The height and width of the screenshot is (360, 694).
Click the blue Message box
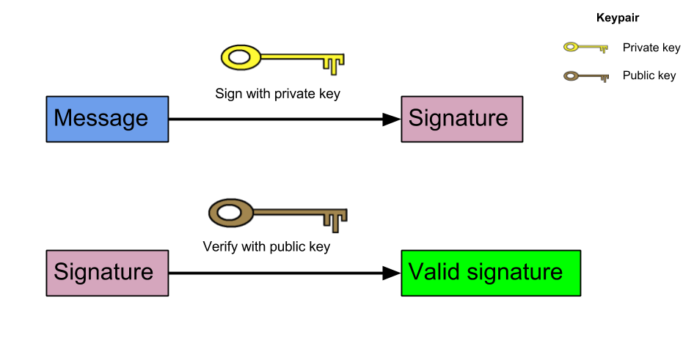107,119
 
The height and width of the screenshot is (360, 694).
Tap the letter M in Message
63,119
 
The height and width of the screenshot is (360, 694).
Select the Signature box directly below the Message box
107,273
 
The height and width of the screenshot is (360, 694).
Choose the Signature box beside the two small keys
461,119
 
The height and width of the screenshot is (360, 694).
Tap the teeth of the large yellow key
334,65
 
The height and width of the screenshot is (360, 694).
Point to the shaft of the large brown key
290,213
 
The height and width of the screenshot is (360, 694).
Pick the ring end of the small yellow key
571,48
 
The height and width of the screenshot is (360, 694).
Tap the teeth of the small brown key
604,78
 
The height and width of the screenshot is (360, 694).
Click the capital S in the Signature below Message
60,273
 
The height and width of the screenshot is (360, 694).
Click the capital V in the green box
415,272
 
